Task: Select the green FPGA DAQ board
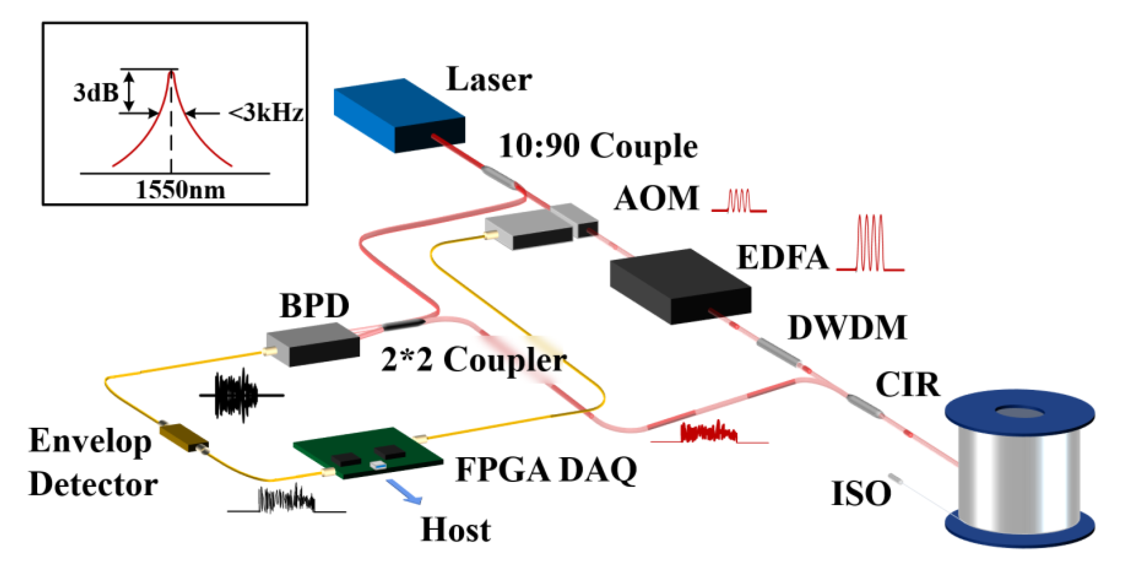coord(367,453)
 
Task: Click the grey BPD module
coord(313,343)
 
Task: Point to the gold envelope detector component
coord(184,437)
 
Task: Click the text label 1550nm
coord(180,190)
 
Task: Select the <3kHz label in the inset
coord(266,113)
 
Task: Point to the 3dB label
coord(96,93)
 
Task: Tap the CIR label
coord(908,385)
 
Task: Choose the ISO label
coord(861,493)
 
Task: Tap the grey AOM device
coord(540,225)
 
